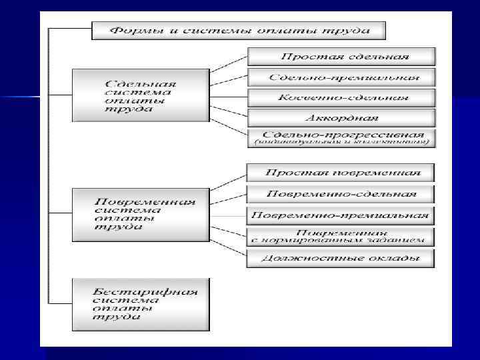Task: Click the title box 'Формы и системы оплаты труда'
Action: tap(238, 31)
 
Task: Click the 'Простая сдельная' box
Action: tap(341, 57)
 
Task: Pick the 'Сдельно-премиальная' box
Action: tap(341, 77)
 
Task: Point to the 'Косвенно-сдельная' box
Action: tap(341, 98)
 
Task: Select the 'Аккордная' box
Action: tap(341, 118)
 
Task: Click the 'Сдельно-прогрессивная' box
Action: tap(341, 138)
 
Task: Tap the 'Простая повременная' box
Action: tap(341, 173)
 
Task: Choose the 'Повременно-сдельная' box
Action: tap(341, 194)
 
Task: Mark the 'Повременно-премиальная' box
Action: tap(341, 216)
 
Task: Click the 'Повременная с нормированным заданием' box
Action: tap(341, 237)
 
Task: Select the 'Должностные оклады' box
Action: tap(341, 258)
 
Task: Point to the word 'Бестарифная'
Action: tap(145, 292)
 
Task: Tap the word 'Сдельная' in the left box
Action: tap(141, 85)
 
